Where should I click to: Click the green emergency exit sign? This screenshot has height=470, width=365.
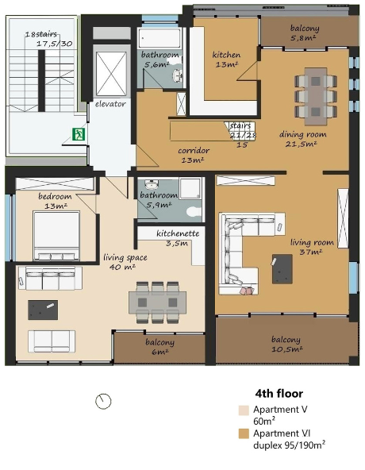coord(79,134)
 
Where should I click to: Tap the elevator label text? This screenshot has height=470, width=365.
coord(110,104)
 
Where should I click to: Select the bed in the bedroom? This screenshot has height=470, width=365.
coord(56,236)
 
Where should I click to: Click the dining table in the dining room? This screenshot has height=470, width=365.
coord(316,97)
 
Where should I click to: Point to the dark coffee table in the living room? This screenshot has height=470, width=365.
coord(282,269)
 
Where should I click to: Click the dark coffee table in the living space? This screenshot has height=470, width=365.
coord(43,310)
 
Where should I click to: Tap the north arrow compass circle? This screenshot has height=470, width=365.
coord(103,401)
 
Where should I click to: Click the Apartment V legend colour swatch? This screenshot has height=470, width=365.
coord(244,410)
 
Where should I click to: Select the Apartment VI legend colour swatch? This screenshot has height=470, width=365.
coord(244,433)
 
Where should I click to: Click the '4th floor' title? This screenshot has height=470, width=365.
coord(279,393)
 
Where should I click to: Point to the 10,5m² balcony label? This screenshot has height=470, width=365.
coord(286,344)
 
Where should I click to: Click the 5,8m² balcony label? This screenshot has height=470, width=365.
coord(304,33)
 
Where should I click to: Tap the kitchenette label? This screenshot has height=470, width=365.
coord(178,237)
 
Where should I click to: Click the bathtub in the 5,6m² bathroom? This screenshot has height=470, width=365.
coord(160,38)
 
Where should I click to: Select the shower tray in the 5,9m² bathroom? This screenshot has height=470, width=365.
coord(190,187)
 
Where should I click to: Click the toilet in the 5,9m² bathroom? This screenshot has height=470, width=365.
coord(194,212)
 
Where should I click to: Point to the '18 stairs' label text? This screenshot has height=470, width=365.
coord(41,34)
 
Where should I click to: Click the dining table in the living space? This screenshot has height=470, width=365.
coord(157,302)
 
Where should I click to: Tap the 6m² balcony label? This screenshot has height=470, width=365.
coord(160,347)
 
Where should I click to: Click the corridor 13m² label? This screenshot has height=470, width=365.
coord(194,155)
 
